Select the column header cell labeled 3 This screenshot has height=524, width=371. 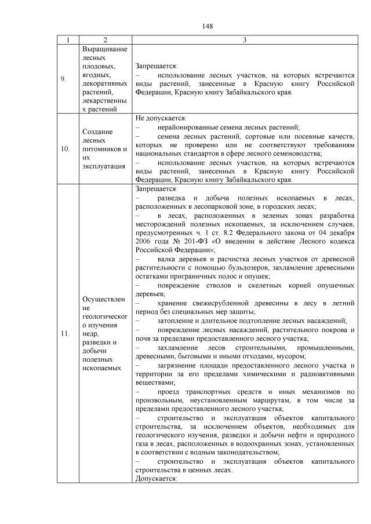coord(245,40)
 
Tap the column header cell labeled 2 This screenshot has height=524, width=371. coord(105,40)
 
